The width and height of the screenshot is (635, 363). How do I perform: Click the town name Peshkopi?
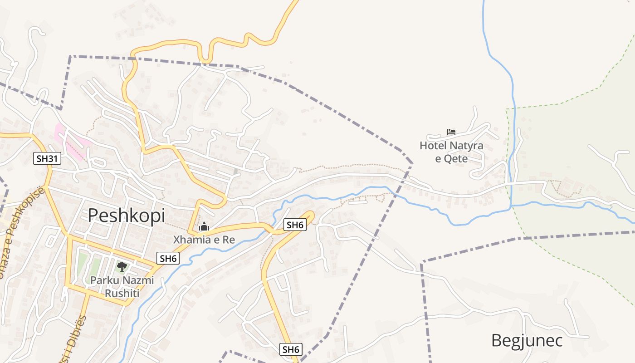(x=126, y=215)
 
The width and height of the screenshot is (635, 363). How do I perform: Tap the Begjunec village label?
(x=527, y=340)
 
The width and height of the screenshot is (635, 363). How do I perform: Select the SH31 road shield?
(x=47, y=158)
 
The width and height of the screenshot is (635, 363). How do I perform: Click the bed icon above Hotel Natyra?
(x=451, y=132)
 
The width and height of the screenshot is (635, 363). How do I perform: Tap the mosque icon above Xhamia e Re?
(x=204, y=226)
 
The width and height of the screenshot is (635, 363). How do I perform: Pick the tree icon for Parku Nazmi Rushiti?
(x=122, y=267)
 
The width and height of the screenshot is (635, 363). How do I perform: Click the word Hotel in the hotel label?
(x=433, y=146)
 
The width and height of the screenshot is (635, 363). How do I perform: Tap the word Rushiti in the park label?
(x=122, y=293)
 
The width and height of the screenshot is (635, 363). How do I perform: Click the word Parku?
(x=104, y=280)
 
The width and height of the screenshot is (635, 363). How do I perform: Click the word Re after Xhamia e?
(x=229, y=240)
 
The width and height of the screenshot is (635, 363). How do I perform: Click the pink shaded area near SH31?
(x=68, y=141)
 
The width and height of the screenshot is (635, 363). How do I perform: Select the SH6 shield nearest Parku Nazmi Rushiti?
(x=168, y=259)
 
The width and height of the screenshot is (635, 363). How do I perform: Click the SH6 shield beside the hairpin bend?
(x=294, y=224)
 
